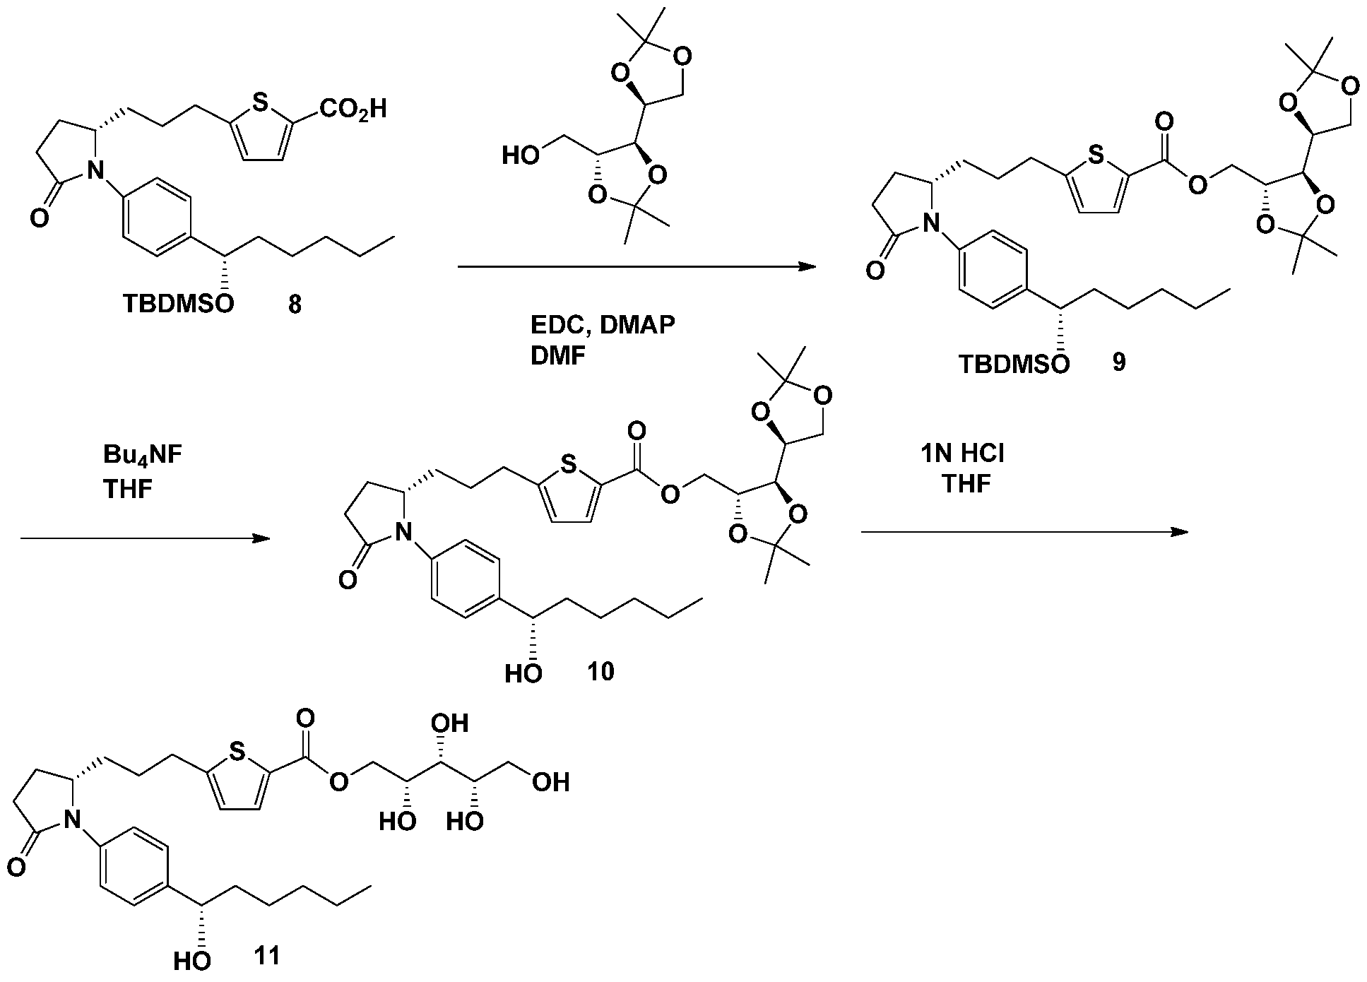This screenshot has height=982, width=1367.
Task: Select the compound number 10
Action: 601,672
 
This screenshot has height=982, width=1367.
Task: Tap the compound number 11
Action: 267,956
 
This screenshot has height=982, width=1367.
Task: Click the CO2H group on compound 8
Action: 354,110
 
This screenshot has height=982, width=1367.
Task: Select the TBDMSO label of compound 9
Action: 1014,364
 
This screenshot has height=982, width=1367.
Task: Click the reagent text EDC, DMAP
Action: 603,325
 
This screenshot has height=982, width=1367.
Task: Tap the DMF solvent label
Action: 557,356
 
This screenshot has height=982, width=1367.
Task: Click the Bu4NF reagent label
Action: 143,456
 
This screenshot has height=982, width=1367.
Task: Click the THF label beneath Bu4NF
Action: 129,489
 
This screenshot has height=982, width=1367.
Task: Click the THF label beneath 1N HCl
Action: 966,484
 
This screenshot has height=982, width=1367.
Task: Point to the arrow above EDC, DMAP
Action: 637,267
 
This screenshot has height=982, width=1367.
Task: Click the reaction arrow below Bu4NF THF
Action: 146,539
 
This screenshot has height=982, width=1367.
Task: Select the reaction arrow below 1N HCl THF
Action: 1025,532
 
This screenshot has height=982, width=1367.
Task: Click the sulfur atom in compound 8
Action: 260,105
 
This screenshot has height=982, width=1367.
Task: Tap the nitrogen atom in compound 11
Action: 69,819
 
